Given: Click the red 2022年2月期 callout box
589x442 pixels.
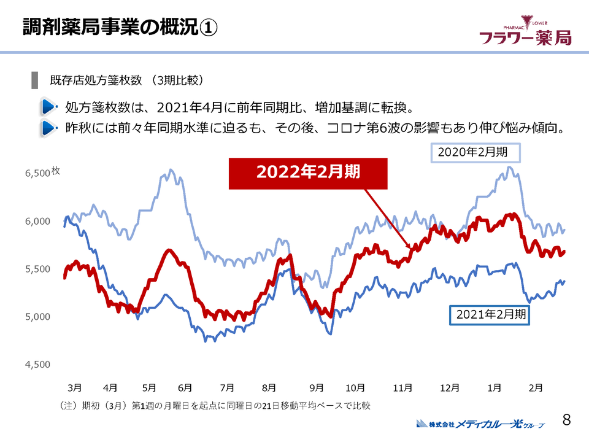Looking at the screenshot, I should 308,173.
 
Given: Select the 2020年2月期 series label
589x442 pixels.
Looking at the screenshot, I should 474,151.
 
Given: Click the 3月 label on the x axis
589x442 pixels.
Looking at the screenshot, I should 74,387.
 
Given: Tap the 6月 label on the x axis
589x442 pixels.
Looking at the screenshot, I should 185,387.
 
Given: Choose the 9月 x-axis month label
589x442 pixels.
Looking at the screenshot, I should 317,387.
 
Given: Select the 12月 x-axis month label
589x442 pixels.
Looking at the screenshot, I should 450,387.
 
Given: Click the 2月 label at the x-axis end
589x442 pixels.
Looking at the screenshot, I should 536,387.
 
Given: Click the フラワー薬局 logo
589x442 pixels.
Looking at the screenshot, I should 525,33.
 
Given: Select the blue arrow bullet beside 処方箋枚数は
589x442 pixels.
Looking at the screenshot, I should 48,107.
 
